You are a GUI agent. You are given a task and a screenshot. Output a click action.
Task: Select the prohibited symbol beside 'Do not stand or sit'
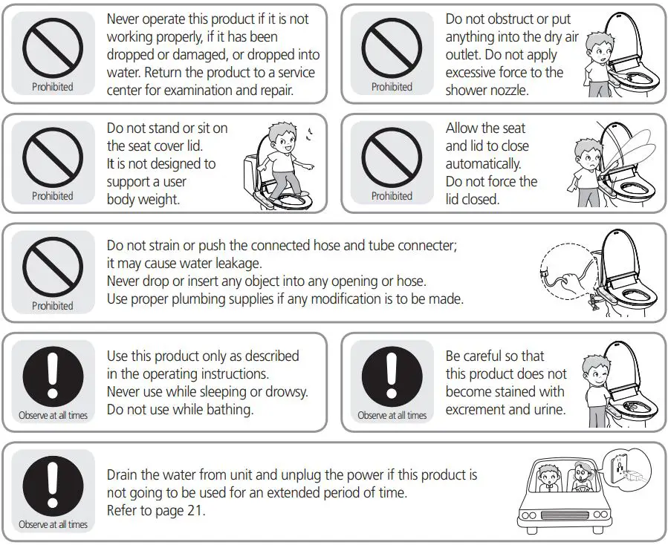[53, 158]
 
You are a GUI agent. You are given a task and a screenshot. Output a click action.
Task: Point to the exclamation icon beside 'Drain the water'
[53, 486]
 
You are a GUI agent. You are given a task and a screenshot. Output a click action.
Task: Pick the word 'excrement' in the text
[479, 409]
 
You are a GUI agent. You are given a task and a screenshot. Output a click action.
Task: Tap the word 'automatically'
[483, 163]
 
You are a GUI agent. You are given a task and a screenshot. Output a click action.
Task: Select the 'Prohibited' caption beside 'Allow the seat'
[392, 196]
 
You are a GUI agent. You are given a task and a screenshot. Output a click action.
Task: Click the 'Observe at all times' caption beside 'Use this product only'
[53, 415]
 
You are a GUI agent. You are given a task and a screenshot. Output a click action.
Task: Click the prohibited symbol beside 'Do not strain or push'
[53, 267]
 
